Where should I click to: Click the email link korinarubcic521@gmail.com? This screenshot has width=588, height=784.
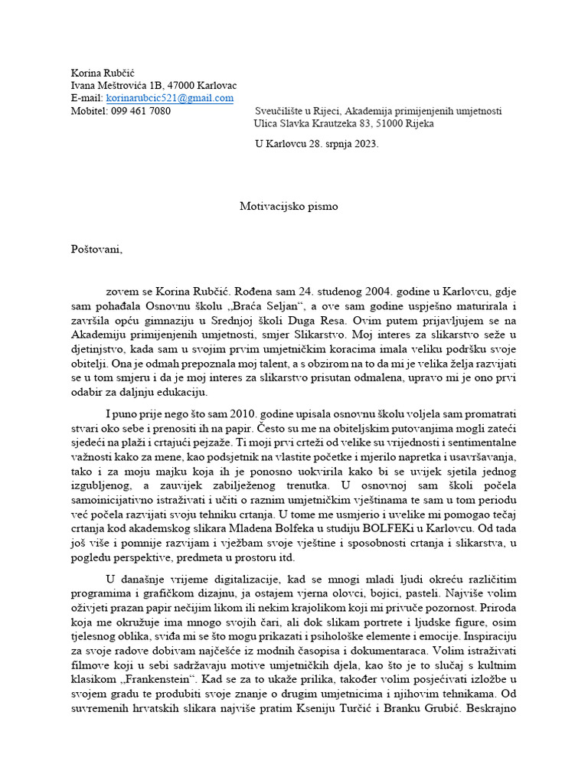point(169,98)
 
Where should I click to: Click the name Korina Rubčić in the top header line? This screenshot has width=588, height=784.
point(103,73)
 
